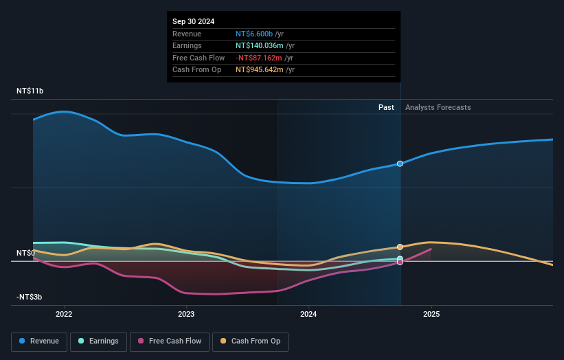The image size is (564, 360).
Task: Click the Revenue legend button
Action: pyautogui.click(x=39, y=341)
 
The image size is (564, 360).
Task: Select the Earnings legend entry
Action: pyautogui.click(x=98, y=341)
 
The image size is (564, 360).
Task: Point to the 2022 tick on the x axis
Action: pyautogui.click(x=64, y=315)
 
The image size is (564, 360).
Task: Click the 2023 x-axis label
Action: pyautogui.click(x=186, y=315)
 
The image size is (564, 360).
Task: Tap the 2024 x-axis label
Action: pyautogui.click(x=308, y=315)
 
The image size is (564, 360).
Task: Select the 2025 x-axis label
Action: pyautogui.click(x=431, y=315)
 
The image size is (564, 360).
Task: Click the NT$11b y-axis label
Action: pyautogui.click(x=30, y=91)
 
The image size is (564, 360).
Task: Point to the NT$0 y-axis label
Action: pyautogui.click(x=25, y=254)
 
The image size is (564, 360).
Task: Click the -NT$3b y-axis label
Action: pyautogui.click(x=30, y=297)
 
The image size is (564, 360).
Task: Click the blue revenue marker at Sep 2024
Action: pyautogui.click(x=400, y=164)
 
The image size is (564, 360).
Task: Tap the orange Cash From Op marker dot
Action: pyautogui.click(x=400, y=247)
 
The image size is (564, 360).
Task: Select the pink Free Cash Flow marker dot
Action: pyautogui.click(x=400, y=262)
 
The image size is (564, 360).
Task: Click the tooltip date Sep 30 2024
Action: pyautogui.click(x=194, y=21)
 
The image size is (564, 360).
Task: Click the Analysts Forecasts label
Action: pyautogui.click(x=438, y=107)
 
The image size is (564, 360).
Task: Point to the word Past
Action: pyautogui.click(x=386, y=107)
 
